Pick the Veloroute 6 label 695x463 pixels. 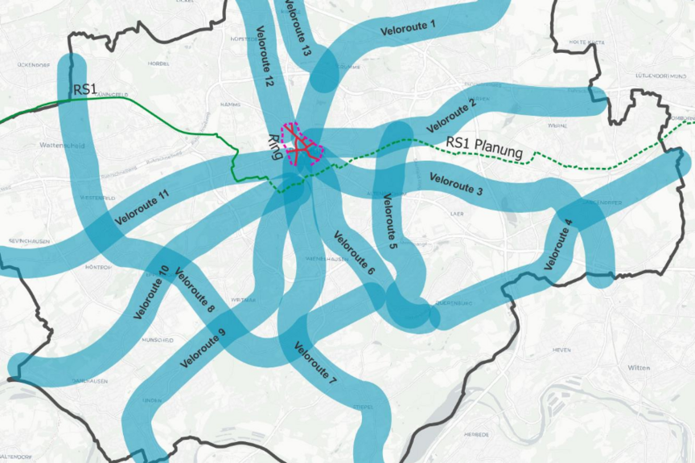(x=354, y=254)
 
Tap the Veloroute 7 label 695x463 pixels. (x=315, y=367)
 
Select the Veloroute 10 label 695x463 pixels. (x=152, y=292)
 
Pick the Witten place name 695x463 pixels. (x=639, y=367)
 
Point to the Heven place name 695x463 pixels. (x=561, y=350)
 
